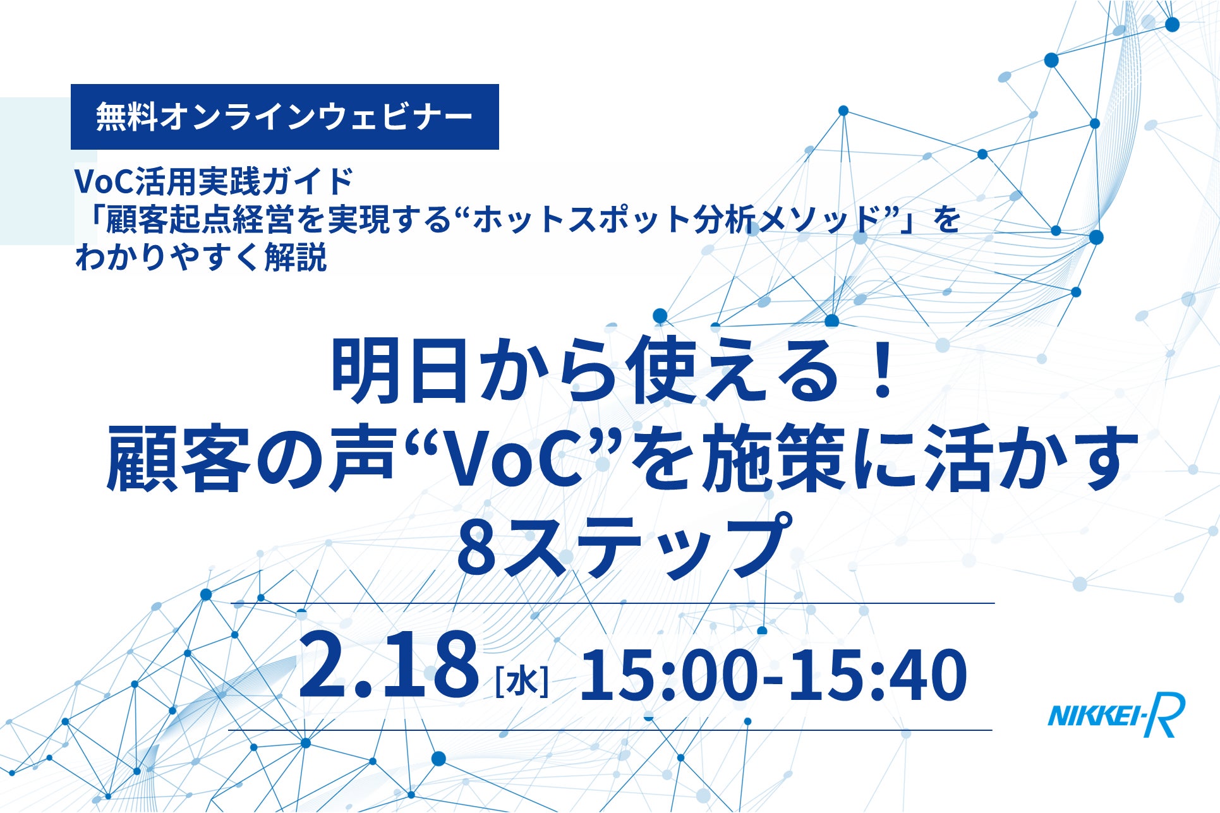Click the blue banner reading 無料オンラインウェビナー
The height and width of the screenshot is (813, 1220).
pos(285,117)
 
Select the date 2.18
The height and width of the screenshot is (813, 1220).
pos(388,666)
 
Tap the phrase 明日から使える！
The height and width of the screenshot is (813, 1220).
pos(613,371)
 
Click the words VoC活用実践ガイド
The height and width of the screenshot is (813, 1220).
pos(214,181)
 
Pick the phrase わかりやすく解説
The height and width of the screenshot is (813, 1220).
pos(201,257)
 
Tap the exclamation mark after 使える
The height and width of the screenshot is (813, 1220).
pos(879,371)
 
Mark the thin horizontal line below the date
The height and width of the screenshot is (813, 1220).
pos(610,730)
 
